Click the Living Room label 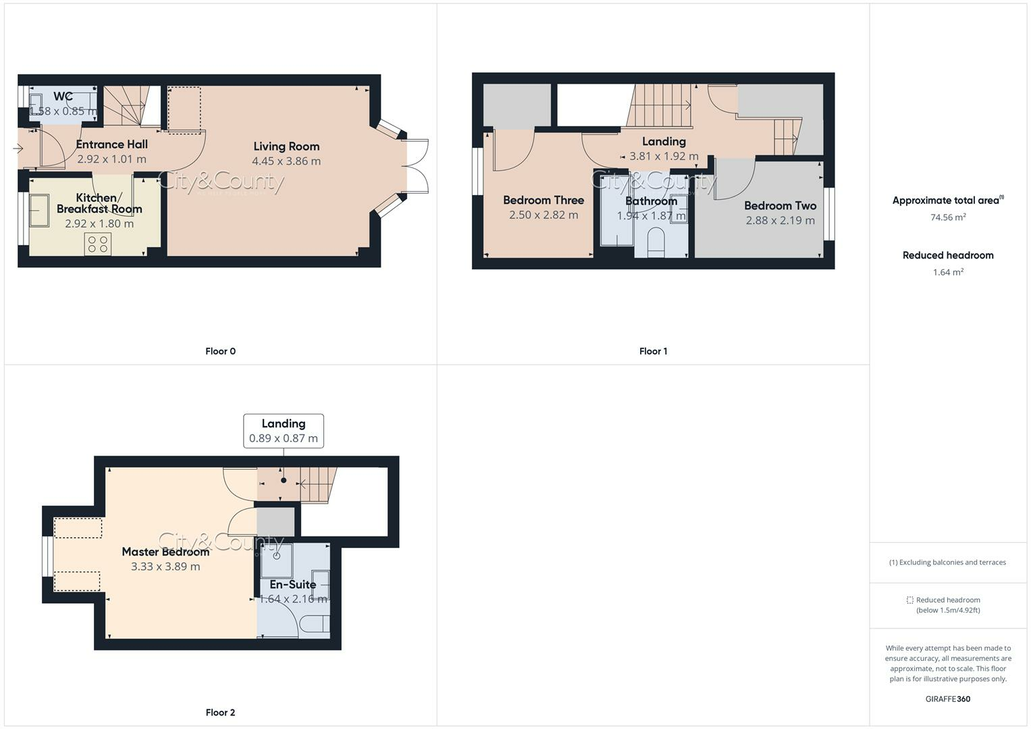click(286, 146)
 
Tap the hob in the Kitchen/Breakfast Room click(98, 244)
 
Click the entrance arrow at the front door click(18, 148)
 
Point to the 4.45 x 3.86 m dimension click(286, 161)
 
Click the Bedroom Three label click(543, 200)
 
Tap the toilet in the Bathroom click(656, 244)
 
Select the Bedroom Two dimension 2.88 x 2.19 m click(780, 221)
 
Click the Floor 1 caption click(653, 351)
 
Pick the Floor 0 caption click(220, 351)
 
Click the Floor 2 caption click(220, 712)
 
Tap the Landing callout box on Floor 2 click(284, 431)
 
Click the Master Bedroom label click(165, 552)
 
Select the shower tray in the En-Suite click(277, 560)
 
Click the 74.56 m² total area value click(948, 217)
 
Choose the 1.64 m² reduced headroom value click(948, 273)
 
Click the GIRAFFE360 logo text click(947, 699)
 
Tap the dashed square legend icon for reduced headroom click(909, 600)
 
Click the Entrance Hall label click(111, 144)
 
